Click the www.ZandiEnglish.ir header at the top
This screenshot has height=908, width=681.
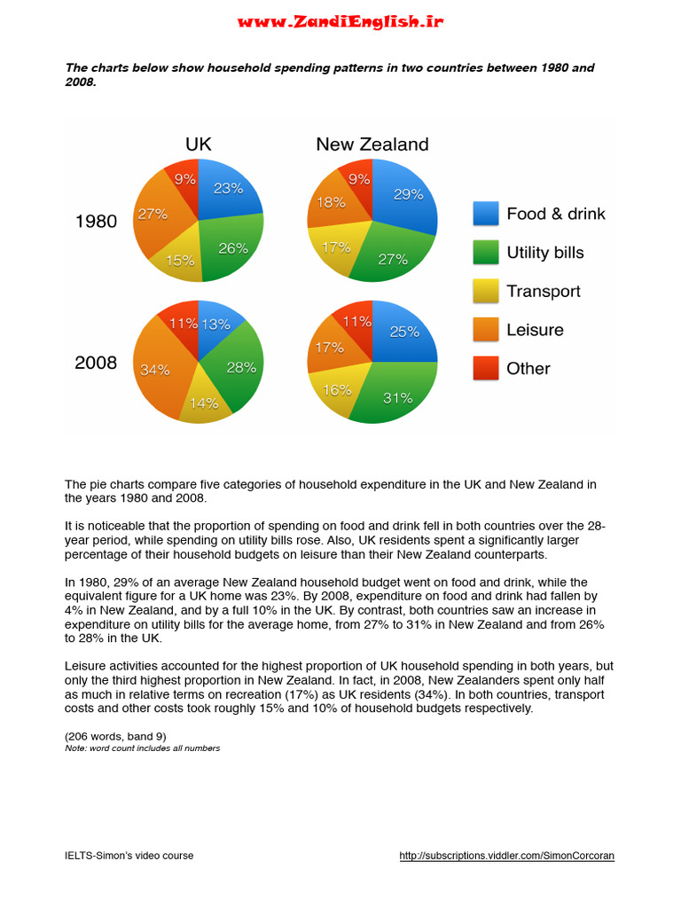[340, 22]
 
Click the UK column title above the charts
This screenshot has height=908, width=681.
[198, 145]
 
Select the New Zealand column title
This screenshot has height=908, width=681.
[372, 145]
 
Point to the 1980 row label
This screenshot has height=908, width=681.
[96, 222]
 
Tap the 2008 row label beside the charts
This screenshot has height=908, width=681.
[96, 362]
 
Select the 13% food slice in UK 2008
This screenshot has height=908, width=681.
[216, 325]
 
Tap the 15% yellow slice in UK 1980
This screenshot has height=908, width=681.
[182, 261]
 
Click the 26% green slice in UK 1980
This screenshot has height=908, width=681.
[232, 248]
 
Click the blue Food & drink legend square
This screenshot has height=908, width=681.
[486, 214]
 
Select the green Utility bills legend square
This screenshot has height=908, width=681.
[486, 253]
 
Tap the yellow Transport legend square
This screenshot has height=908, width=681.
[486, 292]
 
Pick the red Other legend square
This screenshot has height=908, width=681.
[486, 369]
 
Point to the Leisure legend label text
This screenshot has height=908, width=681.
[535, 330]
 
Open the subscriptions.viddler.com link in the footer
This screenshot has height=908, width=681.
[506, 856]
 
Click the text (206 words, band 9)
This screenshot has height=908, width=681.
[115, 737]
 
